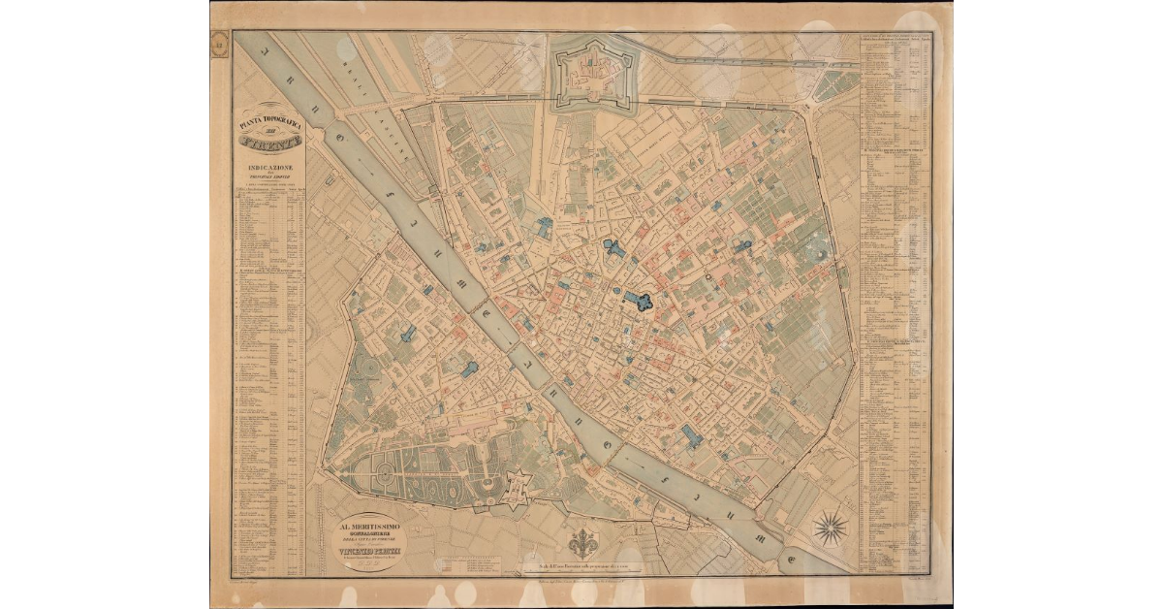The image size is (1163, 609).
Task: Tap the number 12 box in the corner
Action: coord(220,43)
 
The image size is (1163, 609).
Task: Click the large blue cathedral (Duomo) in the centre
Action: coord(641,301)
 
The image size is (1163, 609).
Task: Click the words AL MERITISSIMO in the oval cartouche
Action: coord(368,529)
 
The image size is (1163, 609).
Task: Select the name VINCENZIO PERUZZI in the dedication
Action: coord(369,553)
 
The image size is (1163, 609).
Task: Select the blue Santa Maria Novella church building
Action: coord(544,228)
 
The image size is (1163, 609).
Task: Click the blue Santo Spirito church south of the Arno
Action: coord(469,369)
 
